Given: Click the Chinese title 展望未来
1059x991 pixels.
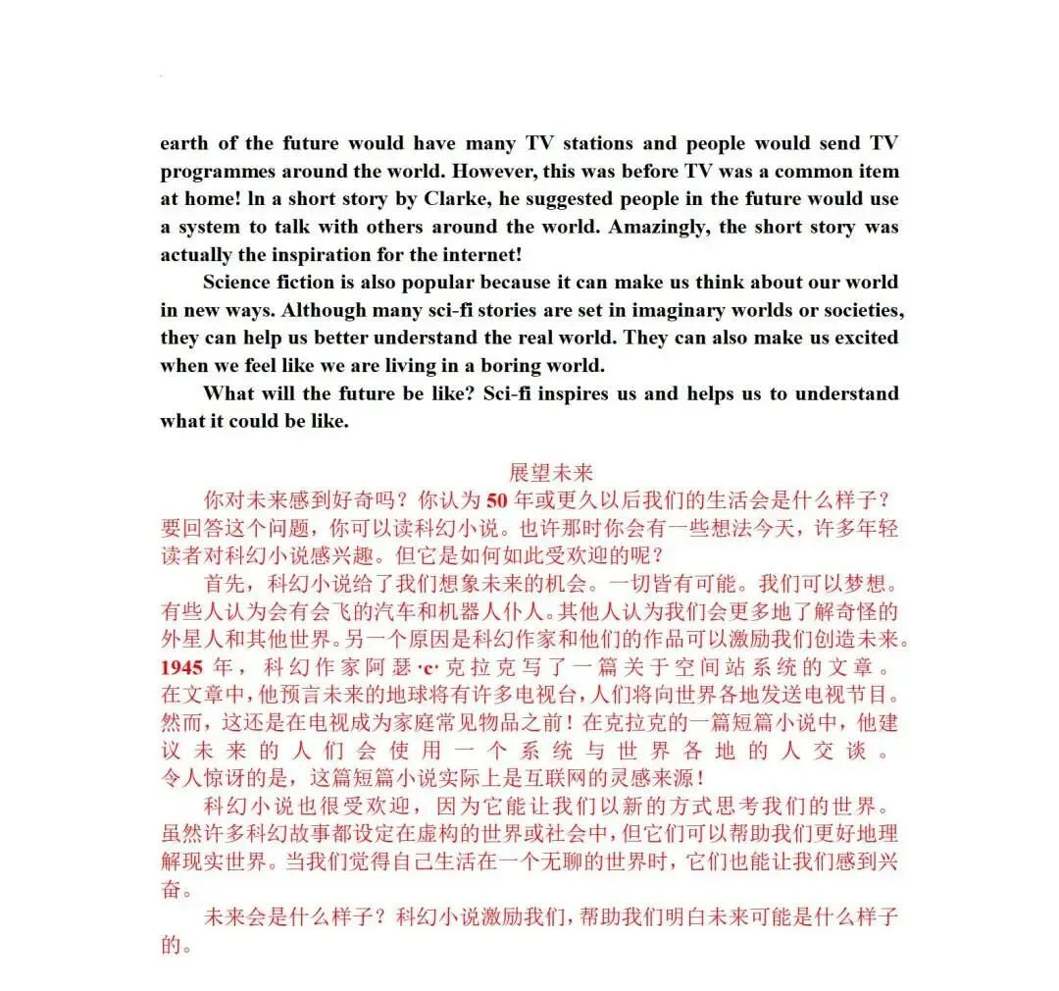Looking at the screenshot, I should tap(551, 472).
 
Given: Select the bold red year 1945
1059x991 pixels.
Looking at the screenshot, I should tap(182, 667).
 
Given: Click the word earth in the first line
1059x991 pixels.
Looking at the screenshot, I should tap(184, 143).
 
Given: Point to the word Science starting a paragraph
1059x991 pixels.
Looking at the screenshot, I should tap(241, 282).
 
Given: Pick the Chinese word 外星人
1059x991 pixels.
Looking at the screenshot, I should tap(194, 640).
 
